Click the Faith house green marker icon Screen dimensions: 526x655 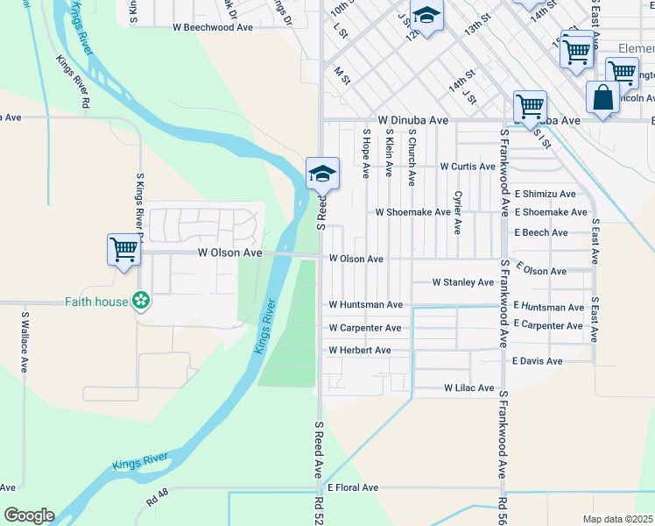click(x=140, y=302)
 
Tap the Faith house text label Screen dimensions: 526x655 click(x=96, y=302)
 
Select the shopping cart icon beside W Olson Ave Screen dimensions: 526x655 click(x=123, y=249)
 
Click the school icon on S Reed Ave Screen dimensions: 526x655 click(x=322, y=174)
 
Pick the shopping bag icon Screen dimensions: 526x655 click(x=602, y=97)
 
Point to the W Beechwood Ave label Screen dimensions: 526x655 click(x=213, y=27)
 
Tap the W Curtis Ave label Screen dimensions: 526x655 click(x=468, y=166)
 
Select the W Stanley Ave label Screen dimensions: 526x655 click(x=463, y=282)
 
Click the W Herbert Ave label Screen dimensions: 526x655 click(x=359, y=351)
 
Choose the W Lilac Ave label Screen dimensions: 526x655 click(x=468, y=387)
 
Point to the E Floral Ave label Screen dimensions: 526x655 click(x=353, y=487)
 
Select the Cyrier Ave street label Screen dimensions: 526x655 click(x=457, y=213)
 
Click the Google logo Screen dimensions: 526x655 click(x=29, y=515)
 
